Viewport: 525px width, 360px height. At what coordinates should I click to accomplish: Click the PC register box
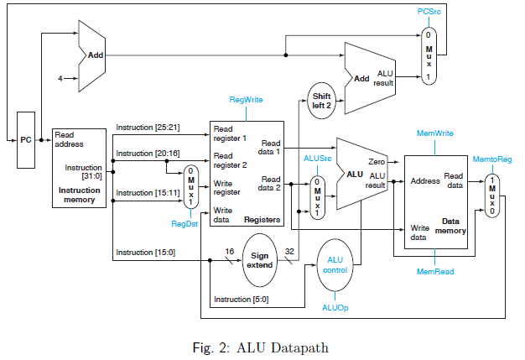point(27,139)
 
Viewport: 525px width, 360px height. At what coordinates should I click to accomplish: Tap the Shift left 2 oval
point(322,101)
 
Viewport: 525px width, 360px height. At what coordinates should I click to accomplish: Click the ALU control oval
point(335,263)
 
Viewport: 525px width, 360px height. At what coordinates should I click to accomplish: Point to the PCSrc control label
point(430,12)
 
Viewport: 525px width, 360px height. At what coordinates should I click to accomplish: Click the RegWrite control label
point(245,99)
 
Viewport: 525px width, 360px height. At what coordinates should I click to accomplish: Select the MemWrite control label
point(435,133)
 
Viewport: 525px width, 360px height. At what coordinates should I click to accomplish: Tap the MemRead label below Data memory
point(435,272)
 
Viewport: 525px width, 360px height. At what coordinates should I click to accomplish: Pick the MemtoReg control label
point(492,158)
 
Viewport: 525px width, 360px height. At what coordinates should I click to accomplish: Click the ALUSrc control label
point(317,157)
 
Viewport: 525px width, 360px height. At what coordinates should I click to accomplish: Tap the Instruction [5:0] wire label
point(241,300)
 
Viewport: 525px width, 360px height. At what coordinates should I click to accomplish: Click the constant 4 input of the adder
point(60,80)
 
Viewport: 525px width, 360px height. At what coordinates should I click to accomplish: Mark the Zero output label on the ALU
point(376,161)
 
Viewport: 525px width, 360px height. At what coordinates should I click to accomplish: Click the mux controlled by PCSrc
point(429,55)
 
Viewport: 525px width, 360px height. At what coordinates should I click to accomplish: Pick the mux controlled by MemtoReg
point(493,194)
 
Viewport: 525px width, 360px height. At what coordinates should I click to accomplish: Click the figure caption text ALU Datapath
point(261,343)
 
